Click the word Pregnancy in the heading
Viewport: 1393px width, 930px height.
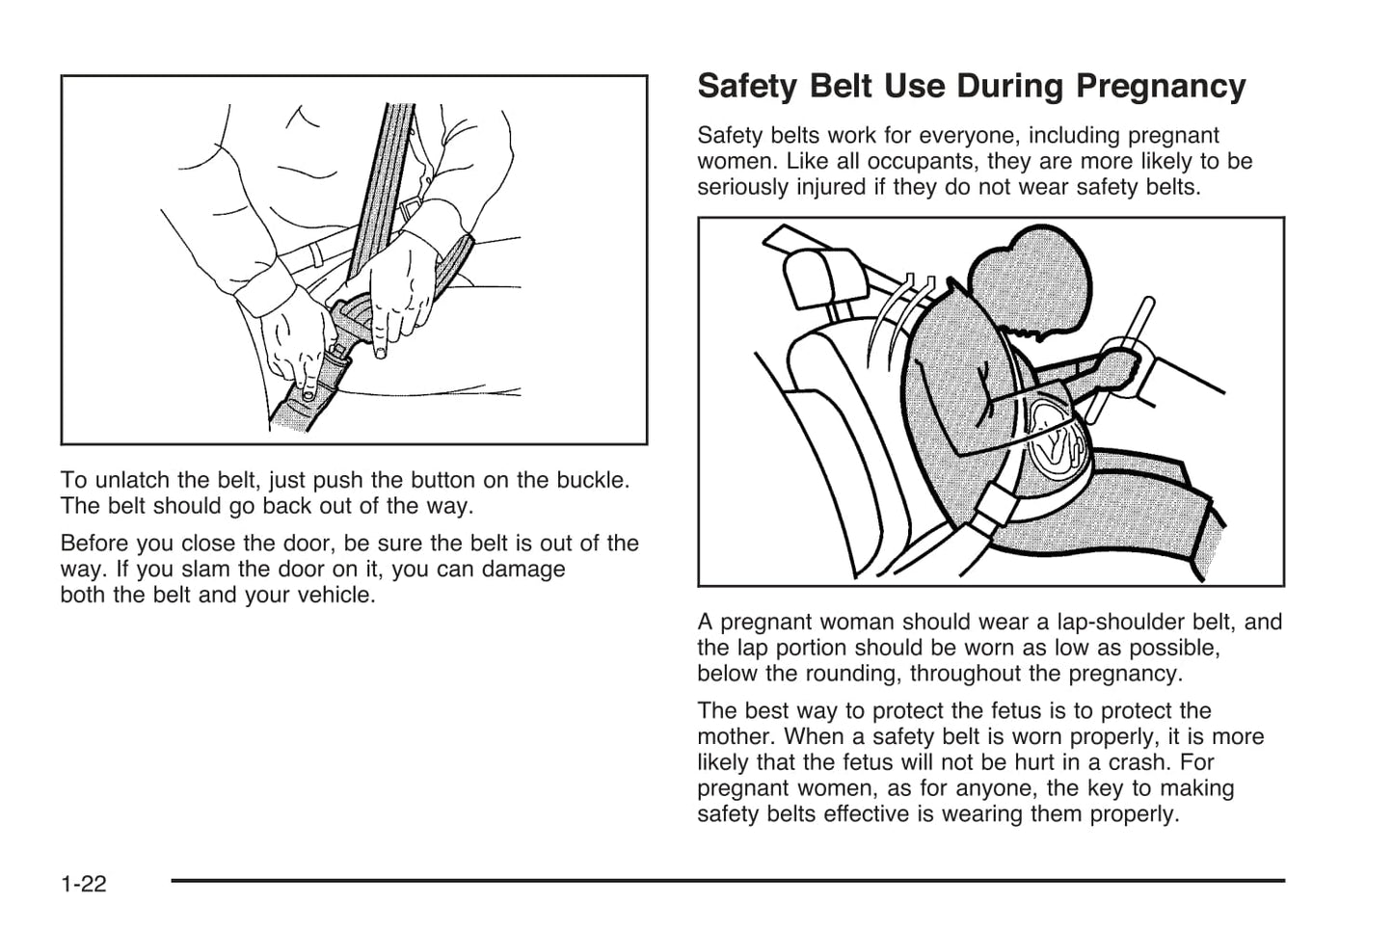(1161, 87)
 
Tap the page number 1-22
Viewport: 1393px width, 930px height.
(83, 883)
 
